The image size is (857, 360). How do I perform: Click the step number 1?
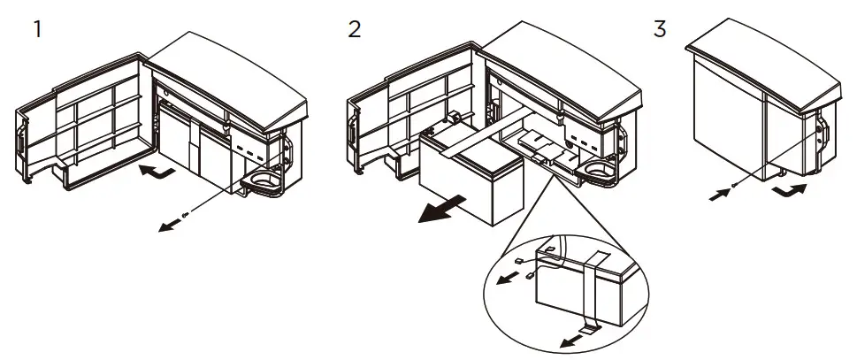coord(38,28)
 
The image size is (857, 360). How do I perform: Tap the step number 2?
coord(355,28)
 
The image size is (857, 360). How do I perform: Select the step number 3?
coord(660,28)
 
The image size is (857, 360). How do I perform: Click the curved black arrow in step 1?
coord(155,169)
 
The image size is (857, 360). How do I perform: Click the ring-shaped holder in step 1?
coord(263,183)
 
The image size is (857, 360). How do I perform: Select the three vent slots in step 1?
coord(252,152)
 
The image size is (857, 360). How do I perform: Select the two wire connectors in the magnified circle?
coord(525,267)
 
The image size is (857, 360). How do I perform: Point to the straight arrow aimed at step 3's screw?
coord(719,194)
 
